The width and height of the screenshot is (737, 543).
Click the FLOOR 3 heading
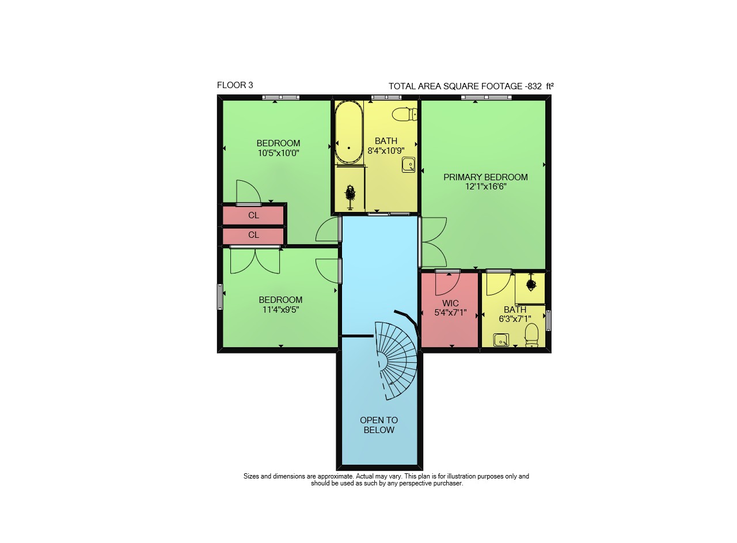tap(235, 85)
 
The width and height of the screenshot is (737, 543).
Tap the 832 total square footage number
tap(535, 86)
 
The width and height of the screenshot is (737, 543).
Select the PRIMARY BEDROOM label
tap(485, 177)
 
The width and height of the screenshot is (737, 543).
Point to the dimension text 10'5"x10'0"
tap(278, 153)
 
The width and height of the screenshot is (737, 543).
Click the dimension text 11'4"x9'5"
tap(280, 310)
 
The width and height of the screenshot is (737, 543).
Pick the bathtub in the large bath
tap(349, 132)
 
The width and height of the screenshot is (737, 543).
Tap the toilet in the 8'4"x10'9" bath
tap(405, 114)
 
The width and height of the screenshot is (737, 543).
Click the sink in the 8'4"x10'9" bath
tap(408, 165)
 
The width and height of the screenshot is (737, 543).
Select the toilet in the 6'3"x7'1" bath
tap(531, 335)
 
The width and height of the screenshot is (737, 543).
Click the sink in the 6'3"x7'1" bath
tap(501, 340)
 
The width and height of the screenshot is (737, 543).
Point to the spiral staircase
tap(396, 360)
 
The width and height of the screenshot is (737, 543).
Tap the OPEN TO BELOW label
tap(379, 425)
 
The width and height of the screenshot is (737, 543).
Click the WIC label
tap(450, 303)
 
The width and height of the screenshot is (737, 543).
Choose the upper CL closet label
tap(253, 215)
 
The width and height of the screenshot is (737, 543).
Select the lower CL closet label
tap(253, 235)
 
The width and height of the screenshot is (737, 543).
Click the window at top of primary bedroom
tap(487, 97)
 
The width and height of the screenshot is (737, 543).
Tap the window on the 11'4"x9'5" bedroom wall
tap(220, 297)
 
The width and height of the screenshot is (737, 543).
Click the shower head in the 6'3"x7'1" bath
tap(530, 284)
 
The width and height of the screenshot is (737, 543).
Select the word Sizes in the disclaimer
tap(252, 476)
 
